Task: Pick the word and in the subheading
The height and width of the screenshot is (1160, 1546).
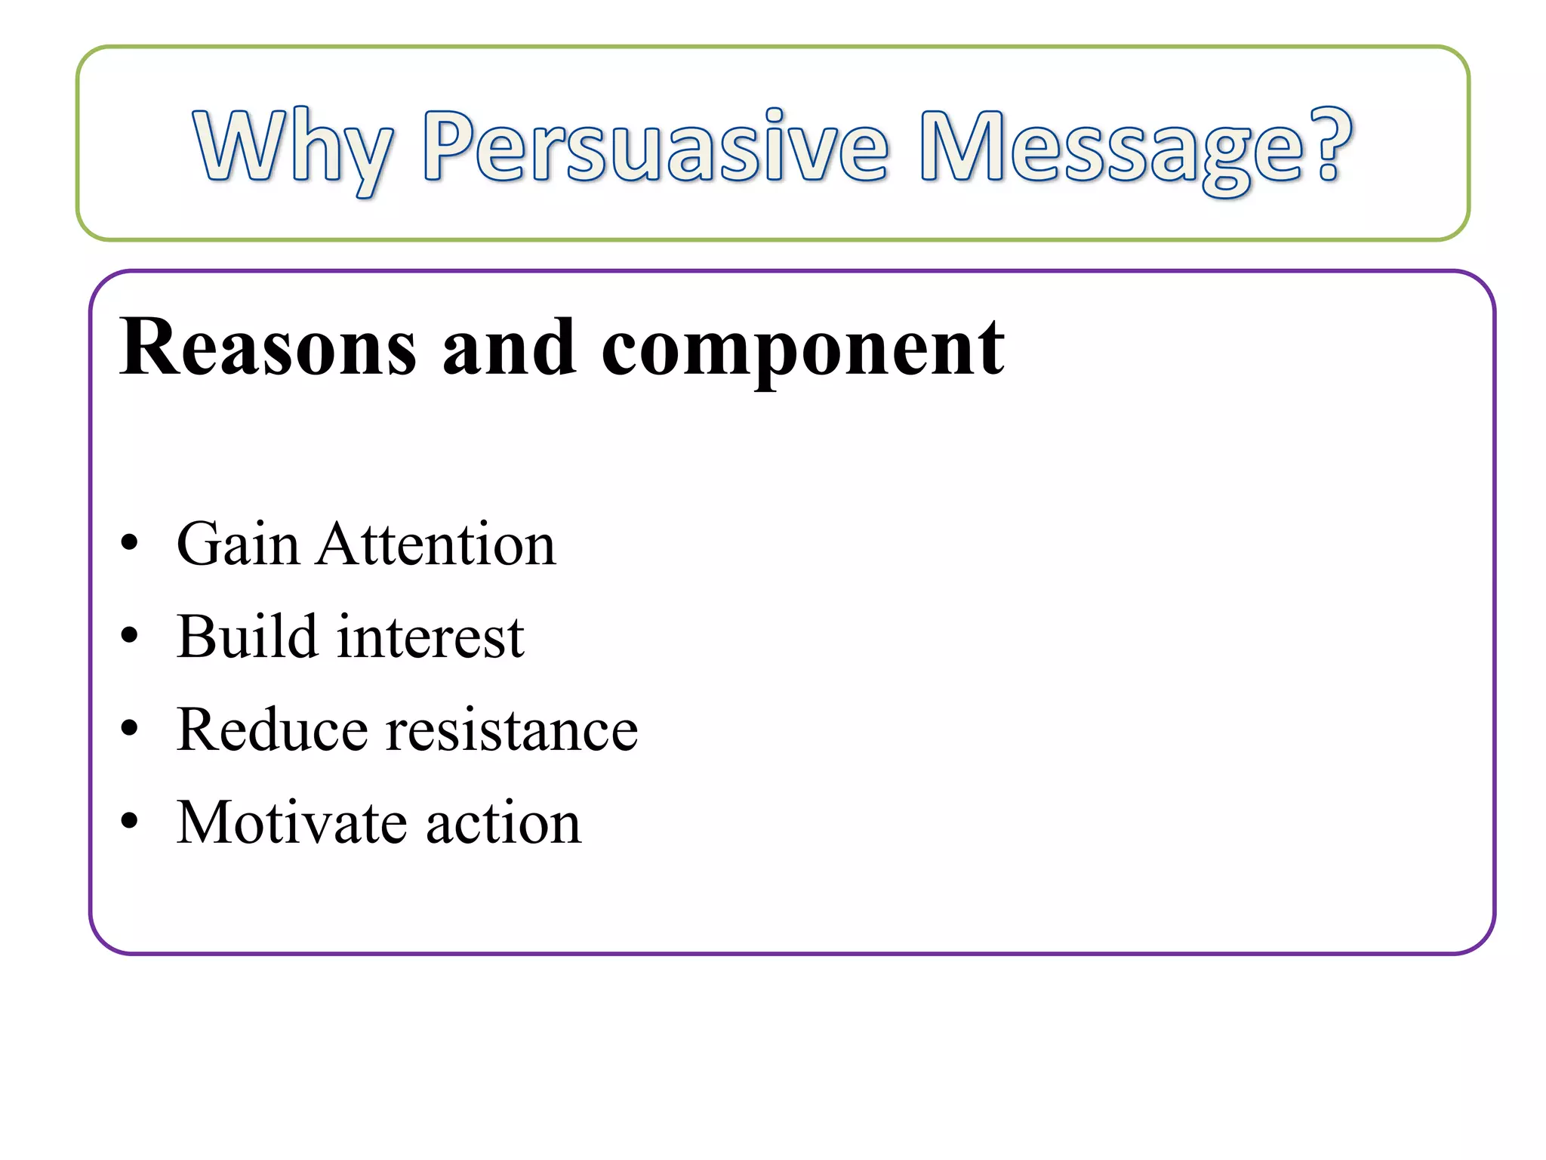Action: coord(510,347)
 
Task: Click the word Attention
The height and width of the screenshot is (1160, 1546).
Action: coord(436,544)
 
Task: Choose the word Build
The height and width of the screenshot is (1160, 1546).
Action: coord(247,637)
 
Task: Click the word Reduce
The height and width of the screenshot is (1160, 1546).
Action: coord(273,730)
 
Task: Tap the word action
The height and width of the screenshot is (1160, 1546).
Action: coord(504,824)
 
